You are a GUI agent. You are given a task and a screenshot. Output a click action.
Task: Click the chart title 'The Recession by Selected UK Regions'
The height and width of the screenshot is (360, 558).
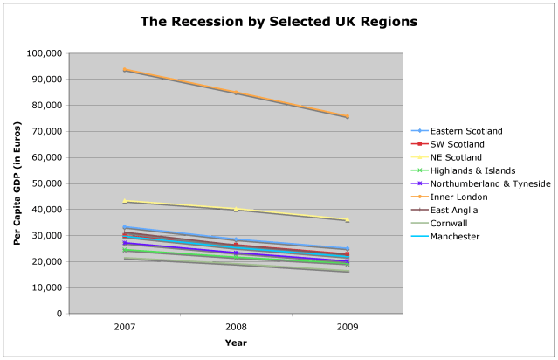click(279, 20)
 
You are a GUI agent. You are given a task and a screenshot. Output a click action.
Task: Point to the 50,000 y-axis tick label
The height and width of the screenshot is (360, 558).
click(45, 183)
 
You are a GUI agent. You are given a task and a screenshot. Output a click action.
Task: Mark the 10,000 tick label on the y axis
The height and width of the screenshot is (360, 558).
click(45, 287)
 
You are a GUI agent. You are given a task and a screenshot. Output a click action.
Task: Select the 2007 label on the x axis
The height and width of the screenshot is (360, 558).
click(125, 326)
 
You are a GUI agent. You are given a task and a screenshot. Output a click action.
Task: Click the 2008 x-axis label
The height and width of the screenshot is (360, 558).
click(236, 326)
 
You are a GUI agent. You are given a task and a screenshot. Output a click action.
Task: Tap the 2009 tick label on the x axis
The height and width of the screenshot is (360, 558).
click(348, 326)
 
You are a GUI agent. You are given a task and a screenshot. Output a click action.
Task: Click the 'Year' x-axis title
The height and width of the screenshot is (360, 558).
click(236, 343)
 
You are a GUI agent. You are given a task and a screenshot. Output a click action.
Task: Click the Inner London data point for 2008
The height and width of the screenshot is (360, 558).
click(236, 92)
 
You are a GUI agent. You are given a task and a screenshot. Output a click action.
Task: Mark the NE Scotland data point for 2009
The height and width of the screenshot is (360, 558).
click(348, 219)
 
